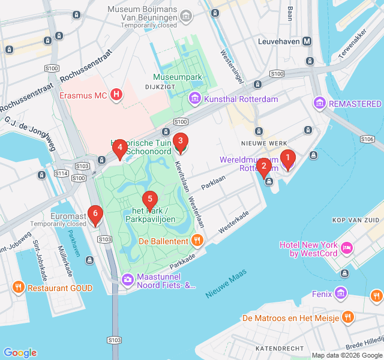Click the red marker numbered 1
(x=288, y=159)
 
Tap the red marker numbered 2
(x=263, y=166)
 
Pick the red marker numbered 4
(x=120, y=148)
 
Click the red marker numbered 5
(x=149, y=199)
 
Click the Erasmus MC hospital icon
(x=117, y=95)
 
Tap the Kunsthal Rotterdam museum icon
(x=195, y=98)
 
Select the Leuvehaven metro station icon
(x=307, y=41)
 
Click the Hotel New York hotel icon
(x=347, y=248)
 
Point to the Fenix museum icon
(x=341, y=294)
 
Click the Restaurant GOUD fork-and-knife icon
(x=19, y=288)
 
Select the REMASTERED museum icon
(x=320, y=104)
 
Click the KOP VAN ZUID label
(x=355, y=221)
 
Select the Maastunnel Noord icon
(x=128, y=280)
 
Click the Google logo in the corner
(x=20, y=353)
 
